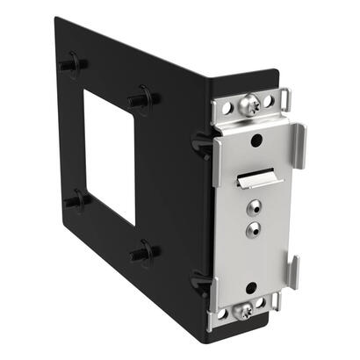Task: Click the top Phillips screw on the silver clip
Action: pyautogui.click(x=249, y=105)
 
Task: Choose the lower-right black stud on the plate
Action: pyautogui.click(x=141, y=254)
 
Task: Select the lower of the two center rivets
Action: pyautogui.click(x=253, y=229)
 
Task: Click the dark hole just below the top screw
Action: pyautogui.click(x=255, y=139)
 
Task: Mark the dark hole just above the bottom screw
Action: pyautogui.click(x=251, y=287)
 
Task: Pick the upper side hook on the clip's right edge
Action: pyautogui.click(x=299, y=144)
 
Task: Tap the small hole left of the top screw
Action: pyautogui.click(x=227, y=110)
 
